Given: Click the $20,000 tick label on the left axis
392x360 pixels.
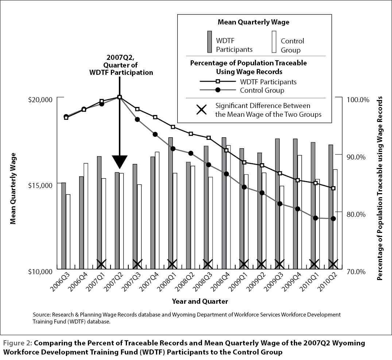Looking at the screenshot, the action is (x=40, y=100).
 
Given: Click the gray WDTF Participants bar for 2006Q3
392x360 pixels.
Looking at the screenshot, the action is (x=63, y=226).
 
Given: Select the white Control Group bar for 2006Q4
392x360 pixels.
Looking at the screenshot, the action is (x=86, y=216).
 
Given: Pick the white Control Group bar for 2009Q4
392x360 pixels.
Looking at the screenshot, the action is (x=299, y=212).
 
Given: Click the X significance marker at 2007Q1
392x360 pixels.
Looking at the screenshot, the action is (x=101, y=264).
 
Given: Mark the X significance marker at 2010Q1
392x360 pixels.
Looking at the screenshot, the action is (x=314, y=264).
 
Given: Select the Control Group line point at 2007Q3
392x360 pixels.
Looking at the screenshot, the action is (x=137, y=119).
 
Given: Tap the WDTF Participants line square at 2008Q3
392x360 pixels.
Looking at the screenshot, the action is (x=209, y=138).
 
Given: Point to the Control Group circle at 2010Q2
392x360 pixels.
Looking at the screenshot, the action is (x=333, y=219).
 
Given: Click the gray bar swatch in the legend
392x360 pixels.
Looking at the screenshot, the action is (x=210, y=42).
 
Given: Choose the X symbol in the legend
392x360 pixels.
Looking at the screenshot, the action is (x=202, y=110).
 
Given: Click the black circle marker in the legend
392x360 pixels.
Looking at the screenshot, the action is (x=218, y=90).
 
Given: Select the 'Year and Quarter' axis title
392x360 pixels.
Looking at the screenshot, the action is (x=200, y=301).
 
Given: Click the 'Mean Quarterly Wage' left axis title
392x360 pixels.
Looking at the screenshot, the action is (x=13, y=188).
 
